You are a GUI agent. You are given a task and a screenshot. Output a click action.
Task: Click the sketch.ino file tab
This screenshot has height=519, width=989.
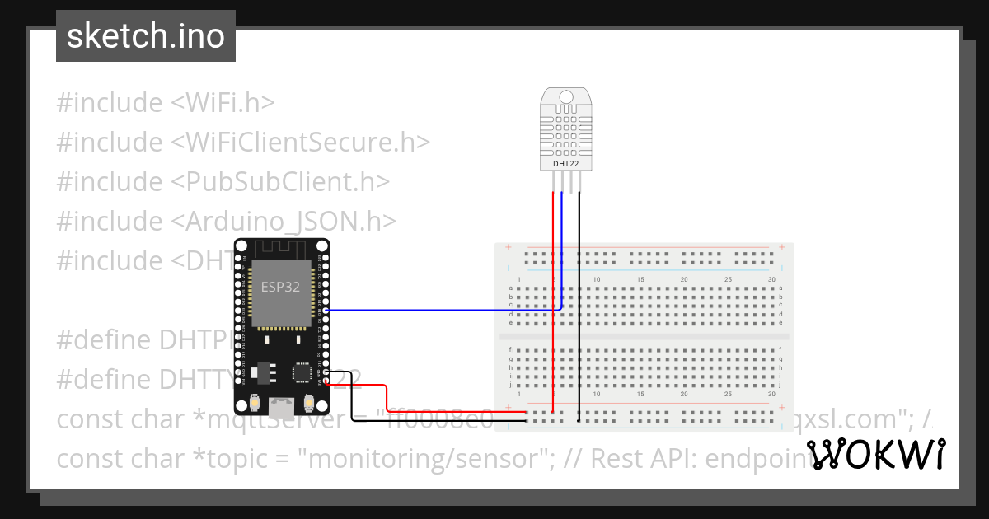[146, 36]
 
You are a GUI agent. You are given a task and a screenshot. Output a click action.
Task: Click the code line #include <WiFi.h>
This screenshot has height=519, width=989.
[165, 103]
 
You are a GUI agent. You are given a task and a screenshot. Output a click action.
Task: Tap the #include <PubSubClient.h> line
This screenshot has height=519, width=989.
[223, 182]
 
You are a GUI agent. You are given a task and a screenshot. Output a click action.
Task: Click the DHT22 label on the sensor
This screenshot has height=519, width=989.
[566, 164]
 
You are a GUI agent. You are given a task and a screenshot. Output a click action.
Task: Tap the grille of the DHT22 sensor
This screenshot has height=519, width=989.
[566, 131]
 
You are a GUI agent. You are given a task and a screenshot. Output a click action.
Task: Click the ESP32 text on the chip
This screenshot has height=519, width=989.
[280, 288]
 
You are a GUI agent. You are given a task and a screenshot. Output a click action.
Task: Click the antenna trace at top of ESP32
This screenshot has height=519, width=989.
[282, 249]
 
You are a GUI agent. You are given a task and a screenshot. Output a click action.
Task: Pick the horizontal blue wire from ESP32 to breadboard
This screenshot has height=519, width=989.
[437, 311]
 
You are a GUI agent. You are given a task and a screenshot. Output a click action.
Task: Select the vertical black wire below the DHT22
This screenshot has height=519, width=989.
[579, 247]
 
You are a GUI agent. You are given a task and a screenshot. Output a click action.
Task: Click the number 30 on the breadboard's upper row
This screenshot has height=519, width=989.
[771, 280]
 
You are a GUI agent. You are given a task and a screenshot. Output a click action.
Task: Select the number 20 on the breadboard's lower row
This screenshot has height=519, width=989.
[684, 395]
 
